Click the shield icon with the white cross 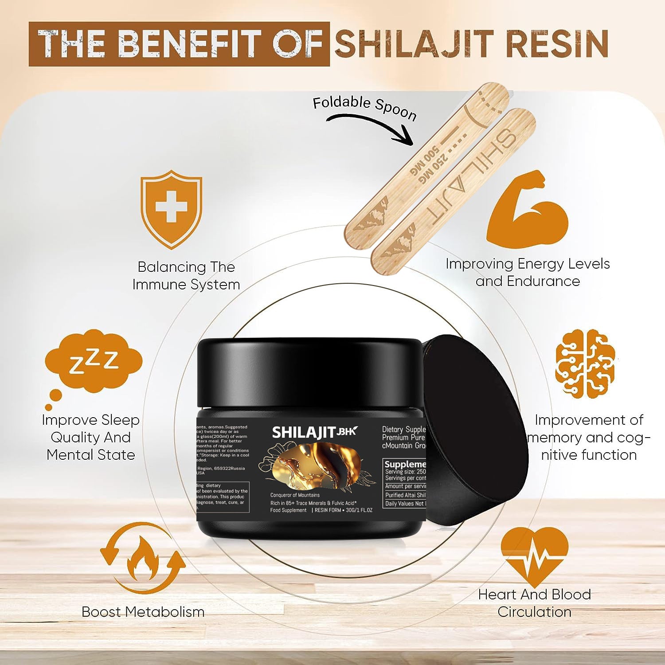tap(171, 208)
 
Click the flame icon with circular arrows tap(143, 558)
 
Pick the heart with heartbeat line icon tap(534, 556)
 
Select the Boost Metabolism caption tap(143, 612)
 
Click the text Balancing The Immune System tap(186, 275)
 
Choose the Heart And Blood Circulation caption tap(534, 603)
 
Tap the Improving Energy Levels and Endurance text tap(528, 272)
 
